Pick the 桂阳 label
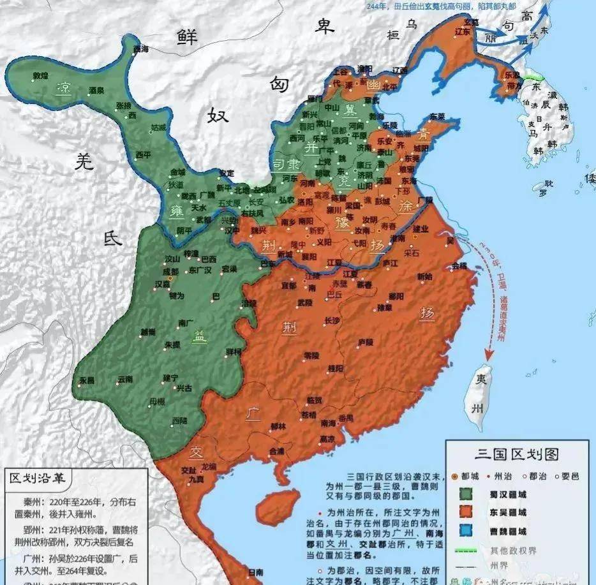[336, 368]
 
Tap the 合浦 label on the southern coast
[276, 450]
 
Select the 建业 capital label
[421, 228]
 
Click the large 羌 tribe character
[84, 162]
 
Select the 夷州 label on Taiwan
[477, 396]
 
